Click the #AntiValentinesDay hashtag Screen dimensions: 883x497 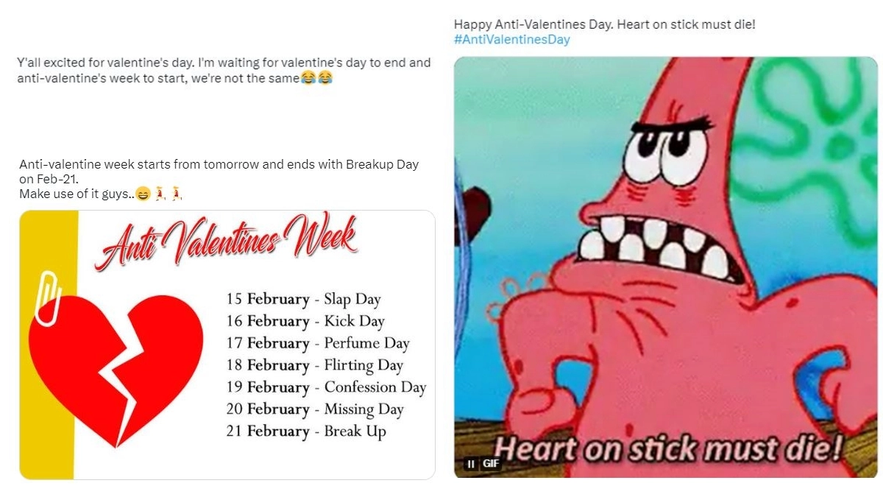pyautogui.click(x=511, y=40)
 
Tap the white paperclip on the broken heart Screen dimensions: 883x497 pyautogui.click(x=49, y=300)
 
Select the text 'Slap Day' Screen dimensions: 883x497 pyautogui.click(x=352, y=300)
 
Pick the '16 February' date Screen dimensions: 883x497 pyautogui.click(x=268, y=322)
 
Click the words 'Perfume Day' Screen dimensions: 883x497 pyautogui.click(x=366, y=343)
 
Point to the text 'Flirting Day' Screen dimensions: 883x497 pyautogui.click(x=364, y=366)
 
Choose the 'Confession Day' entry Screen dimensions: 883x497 pyautogui.click(x=375, y=387)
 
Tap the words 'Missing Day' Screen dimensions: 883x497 pyautogui.click(x=364, y=409)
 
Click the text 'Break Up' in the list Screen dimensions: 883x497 pyautogui.click(x=355, y=431)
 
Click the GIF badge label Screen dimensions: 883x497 pyautogui.click(x=491, y=463)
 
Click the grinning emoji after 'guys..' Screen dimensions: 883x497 pyautogui.click(x=143, y=194)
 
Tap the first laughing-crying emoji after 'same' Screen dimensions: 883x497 pyautogui.click(x=308, y=78)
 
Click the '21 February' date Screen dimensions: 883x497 pyautogui.click(x=268, y=431)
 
